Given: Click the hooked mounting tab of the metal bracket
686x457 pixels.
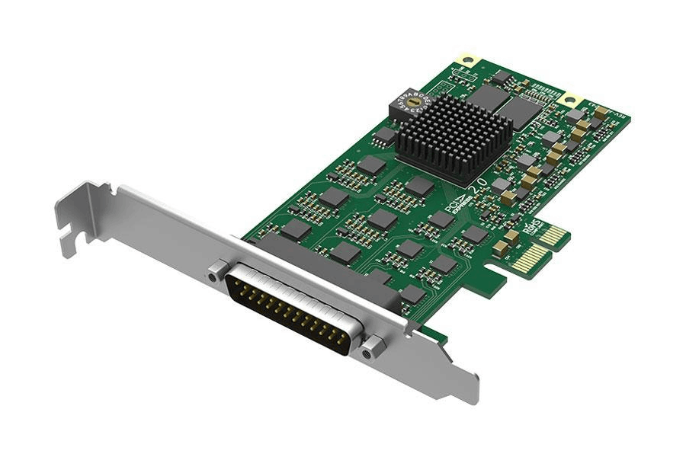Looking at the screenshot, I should point(84,217).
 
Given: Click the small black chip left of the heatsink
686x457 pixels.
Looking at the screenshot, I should point(386,136).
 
